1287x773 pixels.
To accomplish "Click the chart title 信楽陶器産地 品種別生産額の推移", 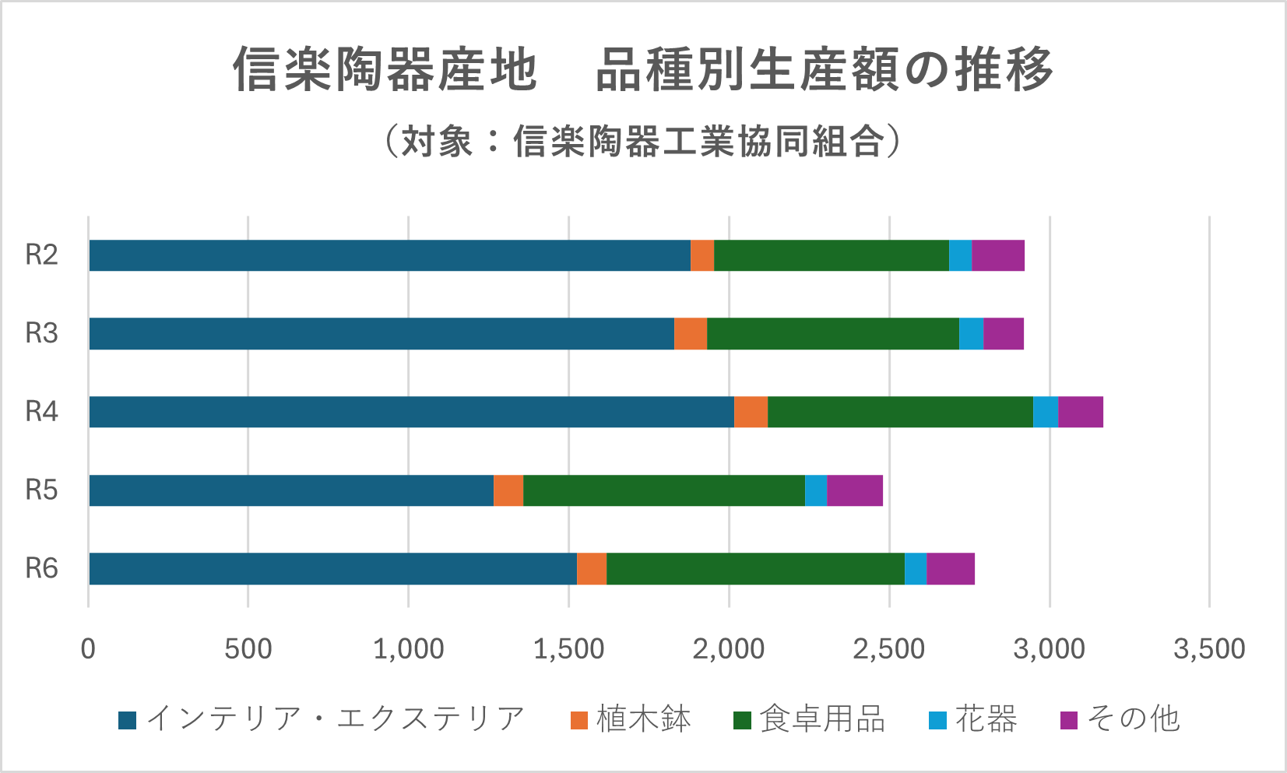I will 643,69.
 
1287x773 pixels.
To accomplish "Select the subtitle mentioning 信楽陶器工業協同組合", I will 643,142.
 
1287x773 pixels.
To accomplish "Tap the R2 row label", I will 41,255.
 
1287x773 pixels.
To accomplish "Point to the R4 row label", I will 41,411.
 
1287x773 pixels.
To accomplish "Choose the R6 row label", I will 41,568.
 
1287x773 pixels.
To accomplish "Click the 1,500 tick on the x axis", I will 568,648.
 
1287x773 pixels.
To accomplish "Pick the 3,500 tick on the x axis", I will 1209,648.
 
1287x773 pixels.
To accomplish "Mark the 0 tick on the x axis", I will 88,648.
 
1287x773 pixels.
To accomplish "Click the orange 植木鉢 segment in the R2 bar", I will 702,255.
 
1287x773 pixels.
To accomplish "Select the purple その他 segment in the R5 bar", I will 854,490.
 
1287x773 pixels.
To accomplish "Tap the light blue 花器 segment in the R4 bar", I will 1046,412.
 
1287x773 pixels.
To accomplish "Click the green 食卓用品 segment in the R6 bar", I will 755,568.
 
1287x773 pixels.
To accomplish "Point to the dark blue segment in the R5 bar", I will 291,490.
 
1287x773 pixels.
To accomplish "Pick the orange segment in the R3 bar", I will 691,333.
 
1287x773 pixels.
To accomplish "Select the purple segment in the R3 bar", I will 1004,333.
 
